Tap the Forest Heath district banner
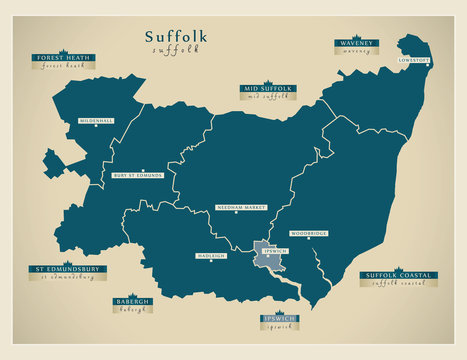tap(62, 58)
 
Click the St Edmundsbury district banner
tap(68, 269)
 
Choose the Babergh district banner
tap(133, 301)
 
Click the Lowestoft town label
tap(414, 60)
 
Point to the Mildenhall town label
tap(97, 121)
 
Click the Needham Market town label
tap(241, 208)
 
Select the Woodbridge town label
tap(308, 234)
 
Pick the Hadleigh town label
tap(210, 256)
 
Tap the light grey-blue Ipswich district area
tap(272, 258)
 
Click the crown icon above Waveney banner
tap(356, 35)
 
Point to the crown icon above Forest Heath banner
tap(62, 49)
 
